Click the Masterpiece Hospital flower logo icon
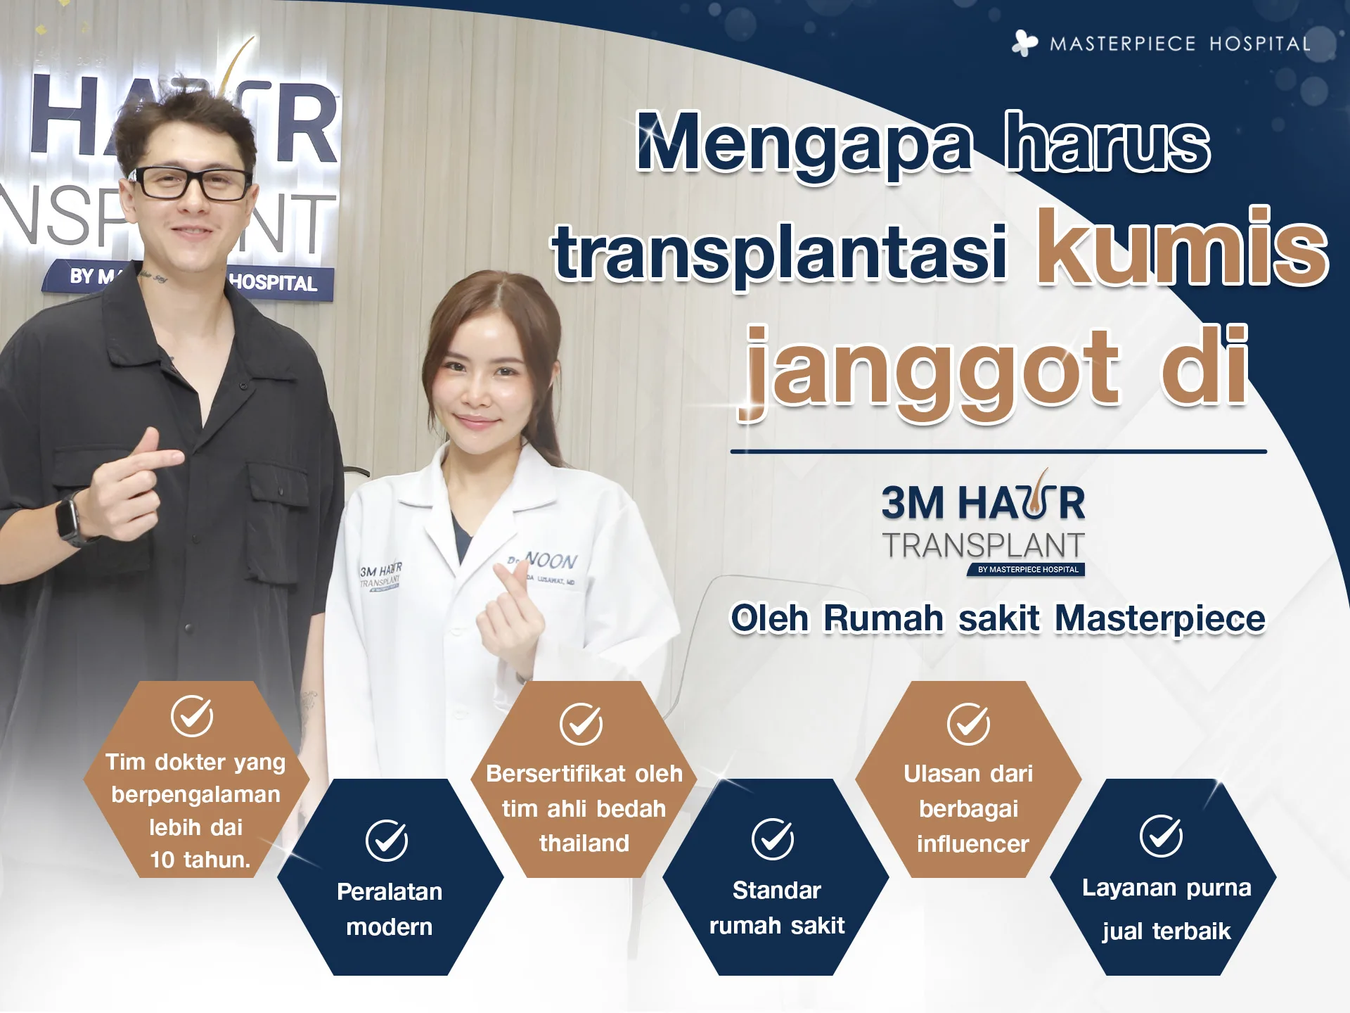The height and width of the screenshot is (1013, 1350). [x=1024, y=43]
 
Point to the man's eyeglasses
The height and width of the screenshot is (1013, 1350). [x=191, y=182]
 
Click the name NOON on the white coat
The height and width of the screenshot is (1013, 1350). [x=551, y=561]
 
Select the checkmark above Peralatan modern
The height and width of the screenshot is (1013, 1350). [x=387, y=840]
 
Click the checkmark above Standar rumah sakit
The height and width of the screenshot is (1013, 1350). [x=773, y=839]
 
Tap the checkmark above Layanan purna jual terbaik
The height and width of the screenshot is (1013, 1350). [x=1161, y=836]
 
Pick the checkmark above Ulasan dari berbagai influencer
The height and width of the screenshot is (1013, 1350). [x=968, y=724]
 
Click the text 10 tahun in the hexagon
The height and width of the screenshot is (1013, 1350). [x=200, y=860]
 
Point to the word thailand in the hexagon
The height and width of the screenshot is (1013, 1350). [x=584, y=843]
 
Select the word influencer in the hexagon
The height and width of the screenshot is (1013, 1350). [x=973, y=843]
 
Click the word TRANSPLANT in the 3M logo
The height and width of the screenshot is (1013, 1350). [x=984, y=546]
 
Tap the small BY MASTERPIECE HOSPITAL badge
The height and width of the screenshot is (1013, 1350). [x=1027, y=570]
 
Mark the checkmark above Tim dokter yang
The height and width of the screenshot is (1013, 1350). [x=192, y=716]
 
